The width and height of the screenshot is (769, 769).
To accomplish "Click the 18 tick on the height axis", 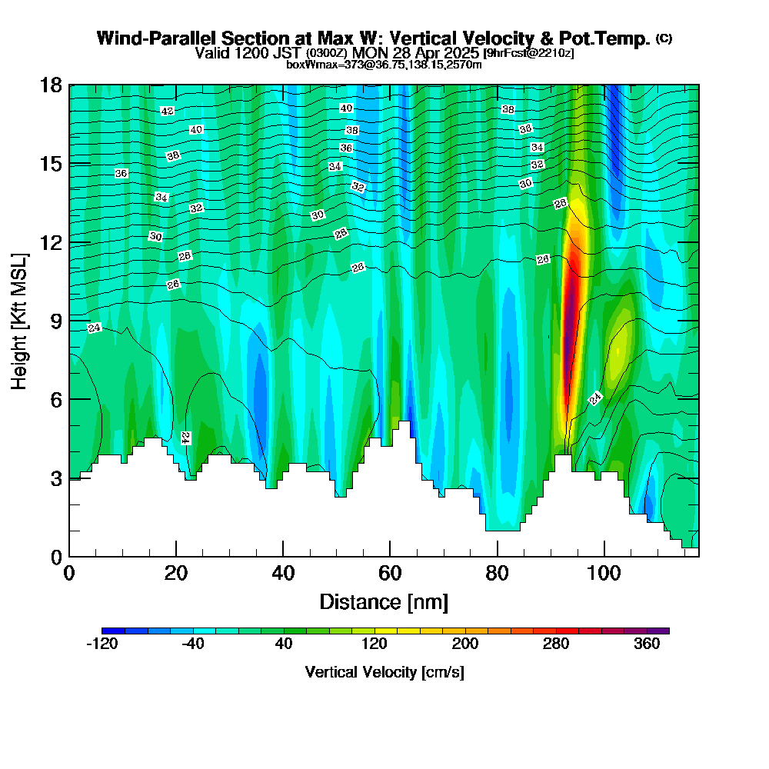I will click(x=69, y=85).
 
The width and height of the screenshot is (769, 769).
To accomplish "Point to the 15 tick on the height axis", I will click(x=69, y=163).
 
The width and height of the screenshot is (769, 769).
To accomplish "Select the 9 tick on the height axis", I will click(x=69, y=320).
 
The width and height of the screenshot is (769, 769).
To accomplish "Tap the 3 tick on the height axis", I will click(x=69, y=478).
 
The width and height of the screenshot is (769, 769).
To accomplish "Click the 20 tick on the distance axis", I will click(x=176, y=556).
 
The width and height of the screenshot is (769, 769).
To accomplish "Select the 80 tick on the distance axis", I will click(x=498, y=556).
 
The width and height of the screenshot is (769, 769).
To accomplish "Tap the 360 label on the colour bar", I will click(x=647, y=644).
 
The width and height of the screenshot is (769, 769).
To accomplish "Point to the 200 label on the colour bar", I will click(x=465, y=644).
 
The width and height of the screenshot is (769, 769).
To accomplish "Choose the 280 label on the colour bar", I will click(x=556, y=644).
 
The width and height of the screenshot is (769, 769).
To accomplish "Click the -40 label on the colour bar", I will click(x=192, y=644).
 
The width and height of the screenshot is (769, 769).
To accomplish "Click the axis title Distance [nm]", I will click(x=384, y=601).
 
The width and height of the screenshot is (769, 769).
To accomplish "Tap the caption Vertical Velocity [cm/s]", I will click(x=384, y=672).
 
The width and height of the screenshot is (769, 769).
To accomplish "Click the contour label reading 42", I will click(x=168, y=111).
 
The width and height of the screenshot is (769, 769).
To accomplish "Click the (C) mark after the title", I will click(x=664, y=38).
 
